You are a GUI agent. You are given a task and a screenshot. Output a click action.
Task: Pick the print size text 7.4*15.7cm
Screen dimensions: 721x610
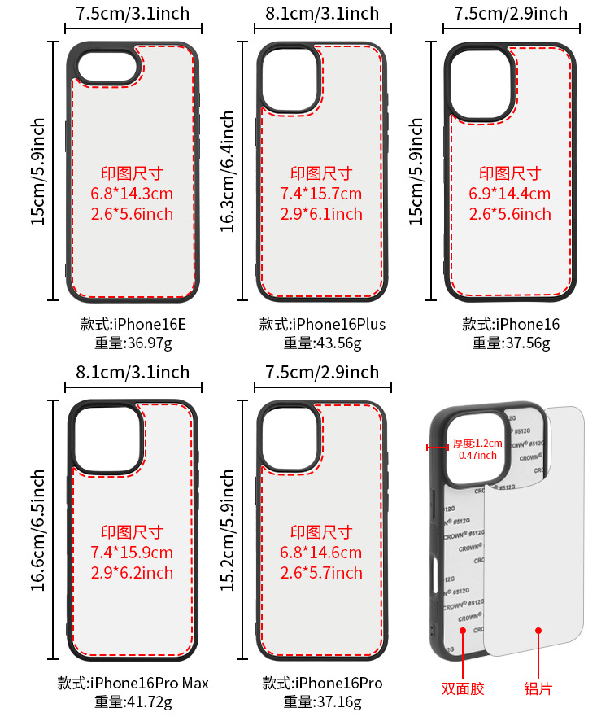tap(321, 194)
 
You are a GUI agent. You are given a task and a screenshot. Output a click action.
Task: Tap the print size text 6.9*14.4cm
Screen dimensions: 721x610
tap(510, 194)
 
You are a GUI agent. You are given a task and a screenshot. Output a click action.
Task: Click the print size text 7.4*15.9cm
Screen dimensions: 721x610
tap(132, 553)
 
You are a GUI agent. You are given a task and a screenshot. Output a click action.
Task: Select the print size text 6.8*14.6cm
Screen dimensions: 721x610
tap(321, 553)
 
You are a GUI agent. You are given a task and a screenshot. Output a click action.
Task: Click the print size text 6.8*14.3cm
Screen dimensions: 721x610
tap(132, 194)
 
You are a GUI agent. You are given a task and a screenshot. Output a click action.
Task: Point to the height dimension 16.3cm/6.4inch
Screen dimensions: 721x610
tap(228, 172)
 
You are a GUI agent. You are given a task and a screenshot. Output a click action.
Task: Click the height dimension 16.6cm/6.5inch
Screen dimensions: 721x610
tap(38, 530)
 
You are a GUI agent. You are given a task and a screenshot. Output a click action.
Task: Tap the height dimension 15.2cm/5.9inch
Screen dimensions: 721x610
tap(228, 530)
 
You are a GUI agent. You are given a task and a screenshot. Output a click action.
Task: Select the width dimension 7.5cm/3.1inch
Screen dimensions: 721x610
tap(133, 14)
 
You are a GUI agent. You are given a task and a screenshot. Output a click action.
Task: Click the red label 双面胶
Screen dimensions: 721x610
tap(463, 688)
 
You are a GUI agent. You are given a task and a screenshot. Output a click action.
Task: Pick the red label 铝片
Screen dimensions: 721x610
tap(538, 688)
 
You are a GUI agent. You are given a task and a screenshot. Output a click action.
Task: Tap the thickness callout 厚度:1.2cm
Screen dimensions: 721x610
tap(478, 444)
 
